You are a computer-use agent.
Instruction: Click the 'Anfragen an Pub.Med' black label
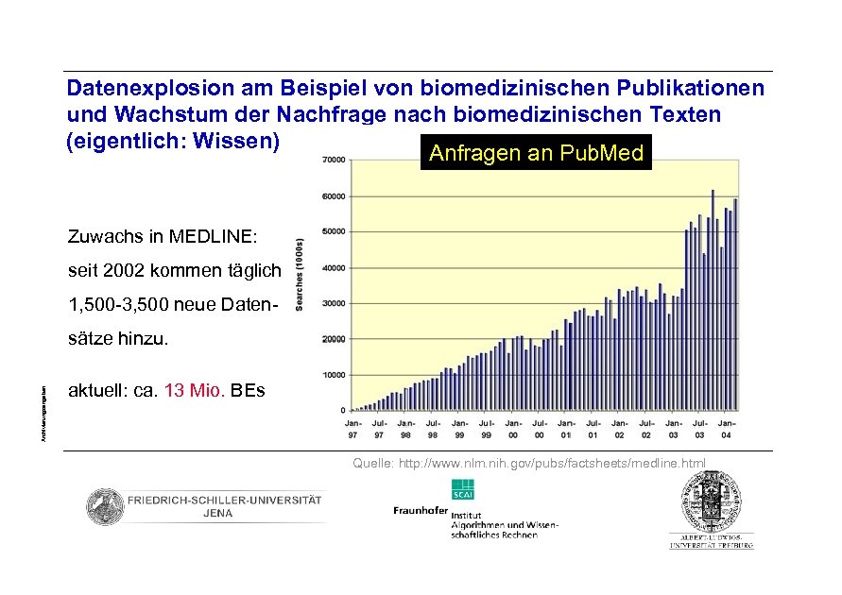536,154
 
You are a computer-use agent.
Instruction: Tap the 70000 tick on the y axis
334,161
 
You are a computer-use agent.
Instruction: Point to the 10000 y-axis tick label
334,375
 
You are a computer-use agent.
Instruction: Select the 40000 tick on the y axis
334,268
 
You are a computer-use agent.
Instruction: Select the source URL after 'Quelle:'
552,464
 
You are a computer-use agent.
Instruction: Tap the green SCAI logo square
463,490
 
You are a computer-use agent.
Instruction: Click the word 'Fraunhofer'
421,511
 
